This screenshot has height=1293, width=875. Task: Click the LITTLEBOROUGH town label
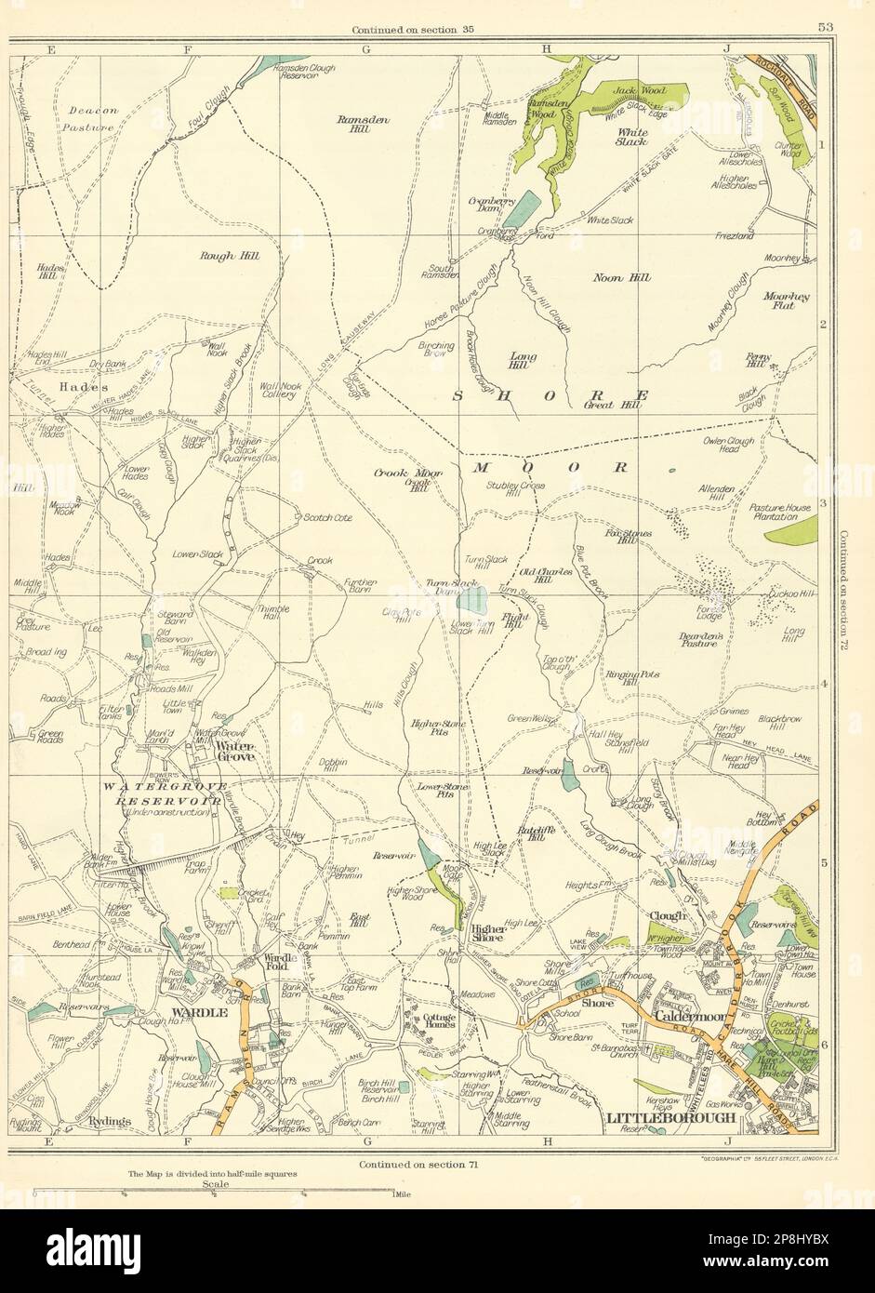coord(670,1117)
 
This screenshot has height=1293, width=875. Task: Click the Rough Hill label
coord(230,256)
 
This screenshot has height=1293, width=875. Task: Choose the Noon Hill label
coord(621,277)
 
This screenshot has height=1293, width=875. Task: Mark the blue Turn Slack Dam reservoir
coord(475,600)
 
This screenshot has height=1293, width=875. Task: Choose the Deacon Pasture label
coord(93,117)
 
